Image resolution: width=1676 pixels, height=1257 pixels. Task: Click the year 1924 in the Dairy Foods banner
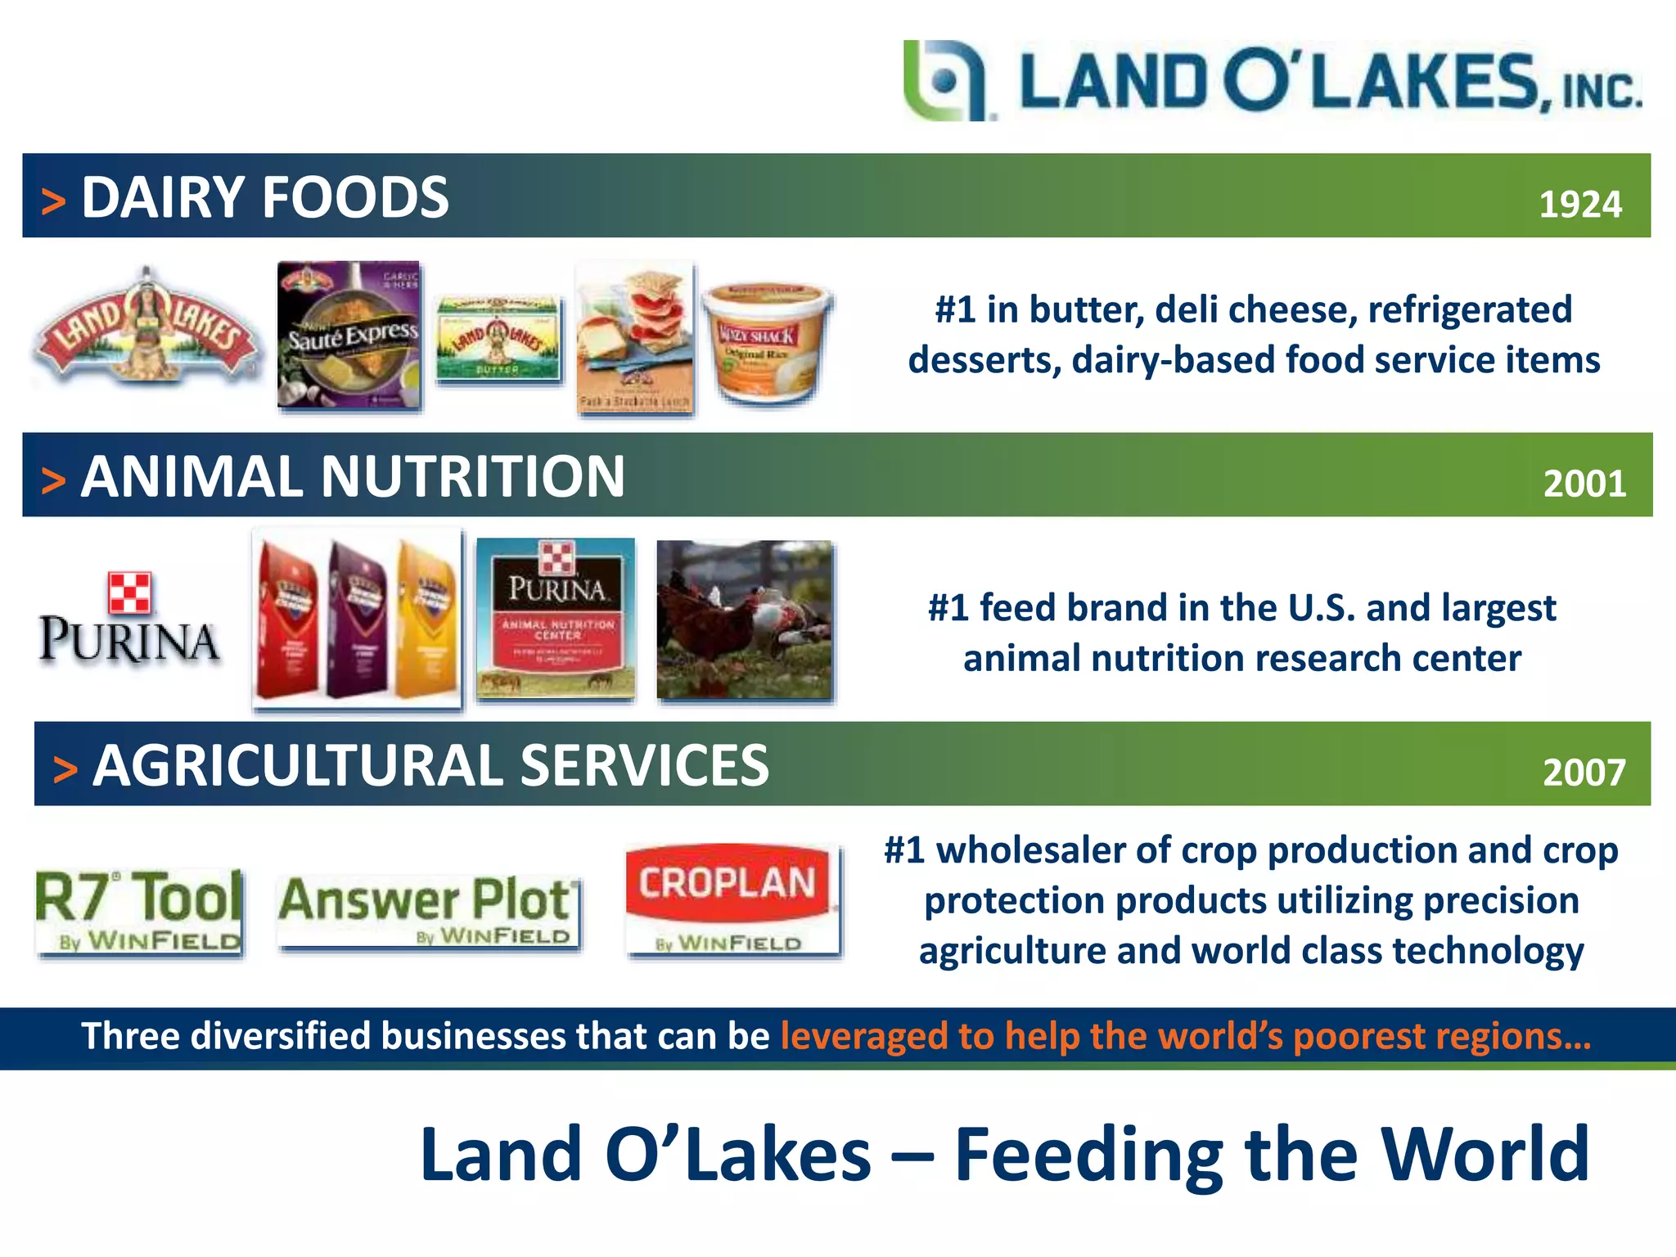1579,205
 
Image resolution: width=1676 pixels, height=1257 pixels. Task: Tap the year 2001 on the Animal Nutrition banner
1584,484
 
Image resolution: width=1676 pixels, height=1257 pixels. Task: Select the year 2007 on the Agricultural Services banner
1584,773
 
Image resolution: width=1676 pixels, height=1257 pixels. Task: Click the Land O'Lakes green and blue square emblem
945,81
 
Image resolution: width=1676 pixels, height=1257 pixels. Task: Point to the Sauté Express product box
349,335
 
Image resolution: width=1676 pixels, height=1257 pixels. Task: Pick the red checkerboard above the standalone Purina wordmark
129,592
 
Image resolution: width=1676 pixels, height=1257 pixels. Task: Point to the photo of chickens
745,620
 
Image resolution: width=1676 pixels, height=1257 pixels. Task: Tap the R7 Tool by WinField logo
139,912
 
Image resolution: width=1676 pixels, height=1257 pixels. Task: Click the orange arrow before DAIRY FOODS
53,201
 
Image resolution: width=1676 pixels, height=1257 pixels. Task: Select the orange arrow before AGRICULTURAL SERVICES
65,770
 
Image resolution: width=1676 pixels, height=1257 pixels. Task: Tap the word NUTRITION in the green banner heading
472,477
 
